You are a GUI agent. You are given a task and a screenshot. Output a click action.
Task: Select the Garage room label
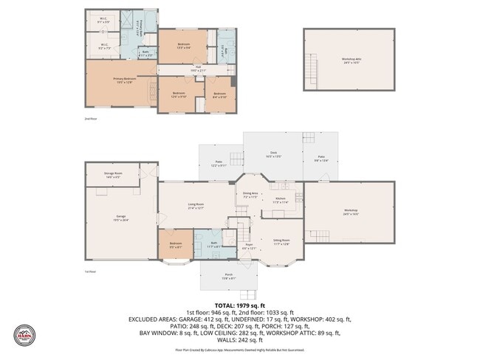[120, 218]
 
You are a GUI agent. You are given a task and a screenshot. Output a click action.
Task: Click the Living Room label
[196, 206]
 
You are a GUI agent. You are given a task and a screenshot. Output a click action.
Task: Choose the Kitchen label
[281, 199]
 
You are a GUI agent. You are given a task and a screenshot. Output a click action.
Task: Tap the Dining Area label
[250, 195]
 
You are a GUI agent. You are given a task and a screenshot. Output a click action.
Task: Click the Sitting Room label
[281, 241]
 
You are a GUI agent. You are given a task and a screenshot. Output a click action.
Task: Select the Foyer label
[249, 246]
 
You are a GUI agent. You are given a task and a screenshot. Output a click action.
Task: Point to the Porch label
[228, 277]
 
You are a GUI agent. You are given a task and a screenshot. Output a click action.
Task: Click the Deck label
[273, 154]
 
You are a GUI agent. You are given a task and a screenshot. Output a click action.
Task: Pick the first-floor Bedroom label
[175, 245]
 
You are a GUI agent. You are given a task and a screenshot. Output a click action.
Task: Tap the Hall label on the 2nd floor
[198, 69]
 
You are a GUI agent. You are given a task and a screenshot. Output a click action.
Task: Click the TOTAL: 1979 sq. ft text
[239, 305]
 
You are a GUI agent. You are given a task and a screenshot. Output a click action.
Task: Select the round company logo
[24, 335]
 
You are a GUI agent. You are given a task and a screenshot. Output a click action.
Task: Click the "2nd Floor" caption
[90, 118]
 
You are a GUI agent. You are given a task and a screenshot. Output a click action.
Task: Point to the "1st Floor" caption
[90, 272]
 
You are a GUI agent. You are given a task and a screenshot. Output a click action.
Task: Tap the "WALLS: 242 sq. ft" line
[239, 340]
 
